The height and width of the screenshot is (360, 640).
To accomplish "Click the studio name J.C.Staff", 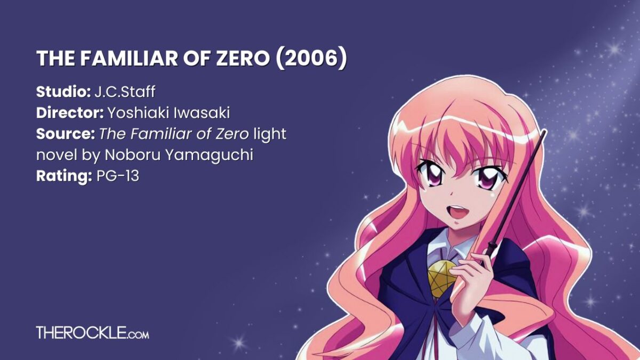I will (x=124, y=92).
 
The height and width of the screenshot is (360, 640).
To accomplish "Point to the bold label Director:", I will (x=70, y=113).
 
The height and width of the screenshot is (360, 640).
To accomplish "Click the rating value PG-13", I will (x=118, y=176).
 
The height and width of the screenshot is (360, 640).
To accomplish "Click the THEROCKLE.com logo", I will (x=92, y=333).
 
